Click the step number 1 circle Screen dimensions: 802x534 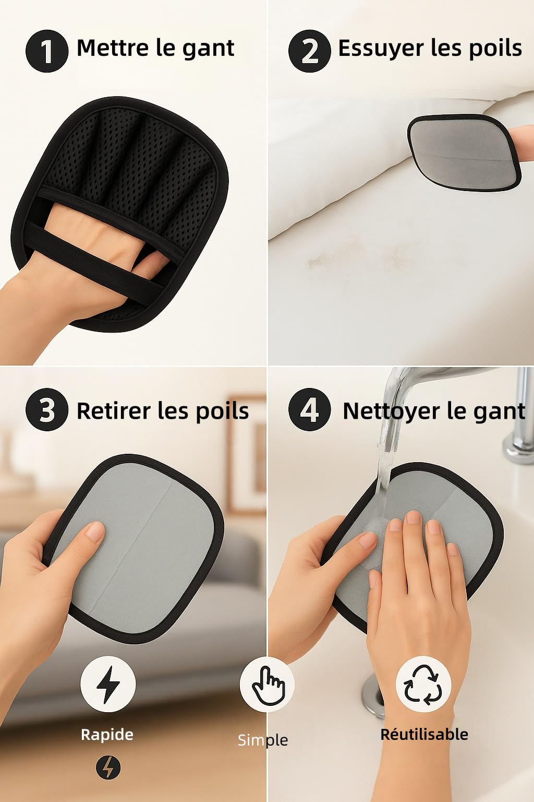click(x=47, y=51)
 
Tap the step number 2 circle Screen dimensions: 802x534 click(x=309, y=51)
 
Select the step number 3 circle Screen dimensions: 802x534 click(x=47, y=409)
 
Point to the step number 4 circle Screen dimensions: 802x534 click(x=309, y=409)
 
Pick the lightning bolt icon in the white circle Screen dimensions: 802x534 click(x=108, y=684)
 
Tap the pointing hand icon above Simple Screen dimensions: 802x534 click(x=267, y=685)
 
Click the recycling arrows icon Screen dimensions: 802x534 click(x=423, y=684)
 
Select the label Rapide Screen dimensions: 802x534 click(x=107, y=735)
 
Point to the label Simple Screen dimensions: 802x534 click(x=263, y=740)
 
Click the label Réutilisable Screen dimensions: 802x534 click(x=424, y=734)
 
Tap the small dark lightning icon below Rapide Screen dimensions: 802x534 click(x=108, y=768)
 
